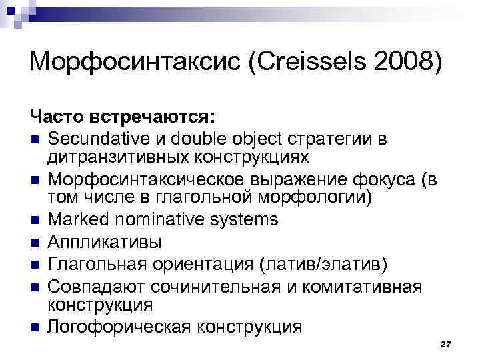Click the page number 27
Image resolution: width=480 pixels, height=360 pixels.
click(446, 343)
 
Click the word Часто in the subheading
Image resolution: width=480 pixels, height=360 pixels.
click(55, 117)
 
